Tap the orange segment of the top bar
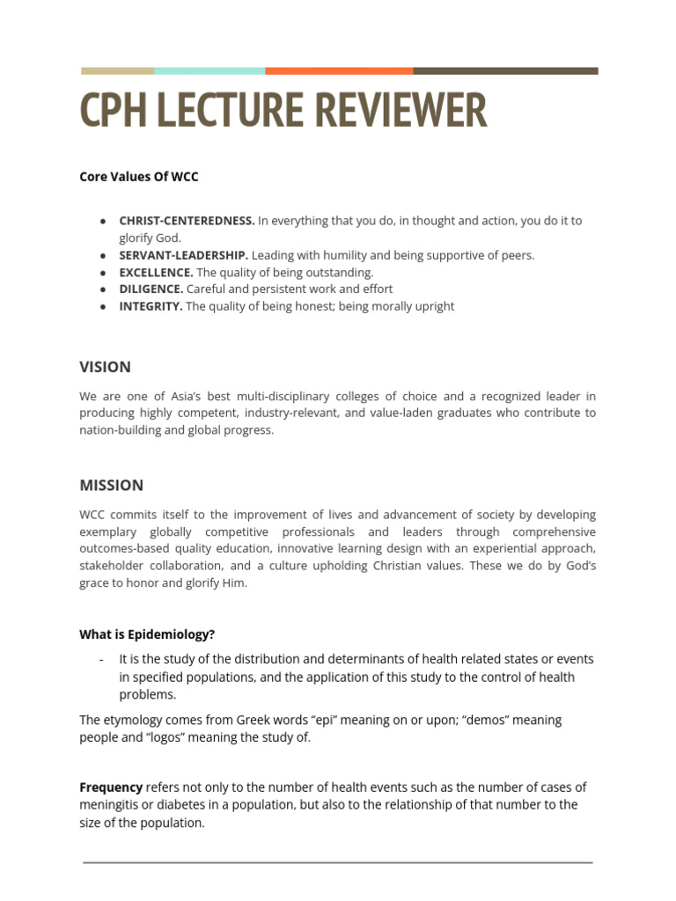tap(339, 70)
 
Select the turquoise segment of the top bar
tap(209, 70)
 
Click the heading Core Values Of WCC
tap(139, 176)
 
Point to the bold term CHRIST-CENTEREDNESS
tap(187, 221)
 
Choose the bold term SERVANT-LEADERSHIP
tap(183, 255)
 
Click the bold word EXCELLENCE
tap(156, 272)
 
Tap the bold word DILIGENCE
tap(151, 289)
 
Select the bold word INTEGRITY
tap(151, 306)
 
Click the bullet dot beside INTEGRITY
tap(103, 306)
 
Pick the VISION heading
tap(105, 367)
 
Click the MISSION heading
tap(111, 485)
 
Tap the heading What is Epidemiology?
tap(147, 634)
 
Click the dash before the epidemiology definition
tap(102, 659)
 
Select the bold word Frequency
tap(111, 787)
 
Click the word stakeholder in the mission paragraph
tap(116, 566)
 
